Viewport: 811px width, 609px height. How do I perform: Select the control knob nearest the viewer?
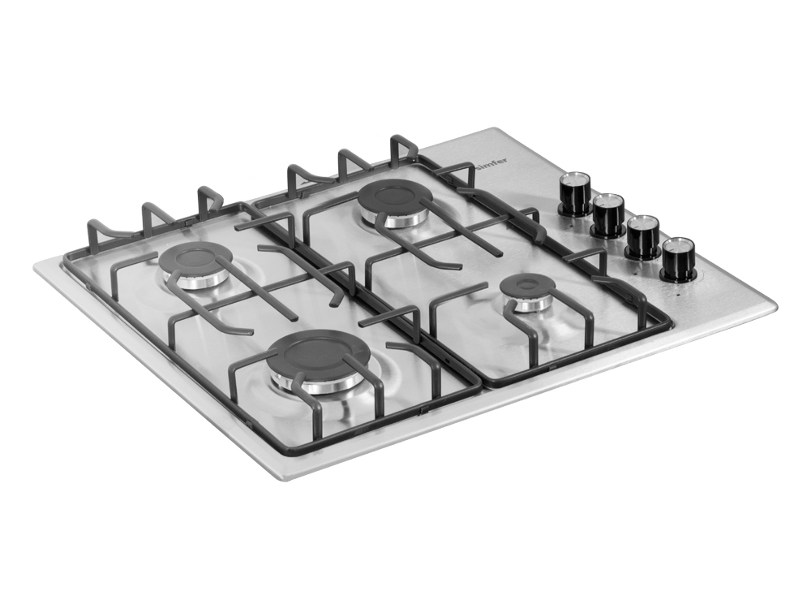coord(678,260)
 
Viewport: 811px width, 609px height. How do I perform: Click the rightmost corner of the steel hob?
coord(775,305)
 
